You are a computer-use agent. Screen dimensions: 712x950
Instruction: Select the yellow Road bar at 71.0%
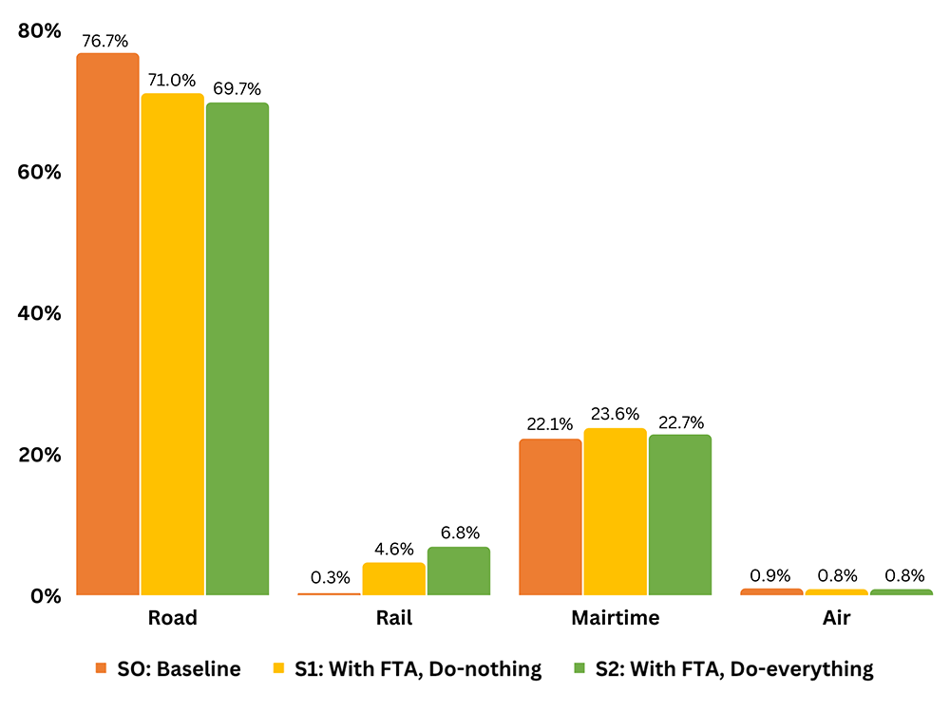(x=173, y=345)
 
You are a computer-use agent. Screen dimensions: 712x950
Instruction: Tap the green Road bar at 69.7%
(x=237, y=349)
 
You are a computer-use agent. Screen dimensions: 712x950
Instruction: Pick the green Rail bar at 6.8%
(x=459, y=571)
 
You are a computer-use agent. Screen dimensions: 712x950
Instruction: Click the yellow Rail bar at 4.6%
(x=393, y=579)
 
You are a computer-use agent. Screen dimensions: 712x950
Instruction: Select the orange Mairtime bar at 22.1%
(x=550, y=517)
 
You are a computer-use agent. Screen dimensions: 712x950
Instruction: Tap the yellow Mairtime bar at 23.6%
(x=615, y=513)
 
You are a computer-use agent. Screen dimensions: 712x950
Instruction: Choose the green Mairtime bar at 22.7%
(x=680, y=515)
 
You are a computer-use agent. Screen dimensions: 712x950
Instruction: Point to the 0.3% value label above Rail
(x=330, y=577)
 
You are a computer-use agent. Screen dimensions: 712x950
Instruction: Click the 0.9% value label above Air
(x=770, y=574)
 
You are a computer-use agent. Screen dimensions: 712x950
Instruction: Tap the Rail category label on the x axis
(x=393, y=618)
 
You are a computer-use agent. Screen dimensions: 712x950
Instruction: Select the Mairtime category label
(x=615, y=618)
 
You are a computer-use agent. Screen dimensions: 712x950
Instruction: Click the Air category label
(x=836, y=618)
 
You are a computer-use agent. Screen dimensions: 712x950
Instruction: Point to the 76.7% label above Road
(x=106, y=40)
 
